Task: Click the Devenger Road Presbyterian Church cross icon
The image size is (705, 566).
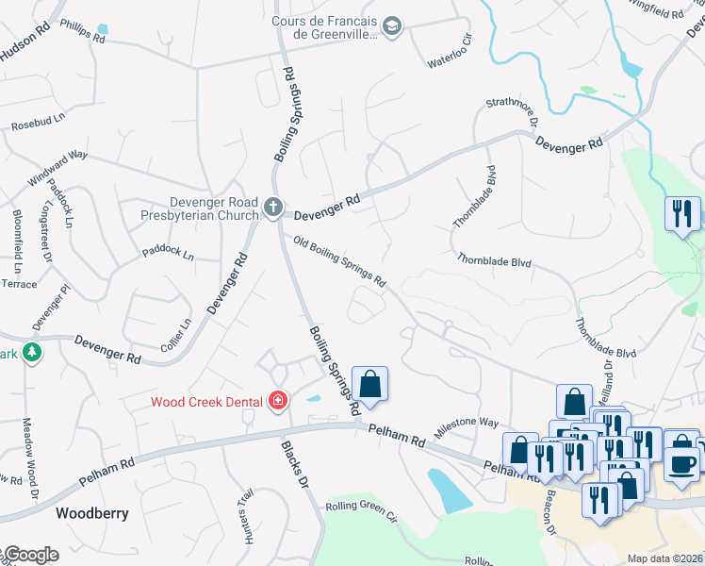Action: (x=273, y=207)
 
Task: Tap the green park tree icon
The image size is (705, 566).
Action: (x=33, y=352)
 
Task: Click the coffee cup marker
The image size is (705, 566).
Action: (x=682, y=462)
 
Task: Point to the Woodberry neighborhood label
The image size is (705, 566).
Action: (x=91, y=514)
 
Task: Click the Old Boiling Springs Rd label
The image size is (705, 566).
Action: (x=339, y=261)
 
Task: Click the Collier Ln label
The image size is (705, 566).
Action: (x=175, y=335)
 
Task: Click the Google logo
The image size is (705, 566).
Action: (x=30, y=555)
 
